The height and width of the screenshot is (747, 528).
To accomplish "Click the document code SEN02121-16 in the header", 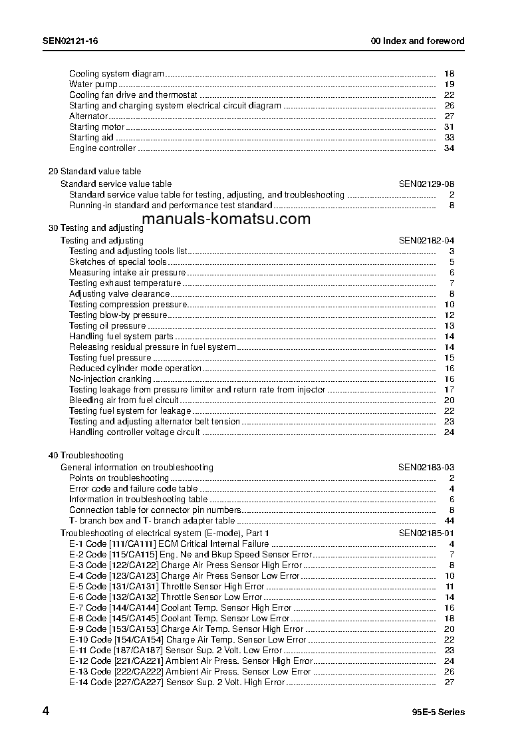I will (70, 41).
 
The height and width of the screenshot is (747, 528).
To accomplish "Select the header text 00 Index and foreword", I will (417, 41).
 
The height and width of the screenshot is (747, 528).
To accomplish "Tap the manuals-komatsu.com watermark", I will (225, 219).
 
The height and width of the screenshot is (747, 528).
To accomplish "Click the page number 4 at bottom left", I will (46, 711).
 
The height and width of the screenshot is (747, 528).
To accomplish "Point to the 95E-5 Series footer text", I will (438, 712).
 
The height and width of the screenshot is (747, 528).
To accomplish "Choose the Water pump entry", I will (94, 84).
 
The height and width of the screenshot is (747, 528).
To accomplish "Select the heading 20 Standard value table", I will (94, 172).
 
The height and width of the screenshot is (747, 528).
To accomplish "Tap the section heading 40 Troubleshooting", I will (86, 456).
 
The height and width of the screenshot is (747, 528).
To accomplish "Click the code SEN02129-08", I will (426, 184).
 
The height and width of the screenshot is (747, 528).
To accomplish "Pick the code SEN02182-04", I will (426, 241).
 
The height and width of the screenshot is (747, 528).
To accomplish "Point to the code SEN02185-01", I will (426, 533).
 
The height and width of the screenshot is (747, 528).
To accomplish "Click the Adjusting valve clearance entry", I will (120, 294).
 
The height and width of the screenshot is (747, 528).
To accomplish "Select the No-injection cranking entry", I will (110, 379).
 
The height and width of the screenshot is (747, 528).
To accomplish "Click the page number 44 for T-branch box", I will (449, 521).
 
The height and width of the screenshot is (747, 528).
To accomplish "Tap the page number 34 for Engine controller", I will (449, 148).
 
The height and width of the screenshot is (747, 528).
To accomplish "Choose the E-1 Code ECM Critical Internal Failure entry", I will (169, 544).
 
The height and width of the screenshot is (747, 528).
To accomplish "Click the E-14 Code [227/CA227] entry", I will (177, 682).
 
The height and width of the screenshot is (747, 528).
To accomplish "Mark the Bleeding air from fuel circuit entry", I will (124, 400).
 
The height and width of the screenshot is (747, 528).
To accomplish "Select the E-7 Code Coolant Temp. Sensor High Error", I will (180, 608).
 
